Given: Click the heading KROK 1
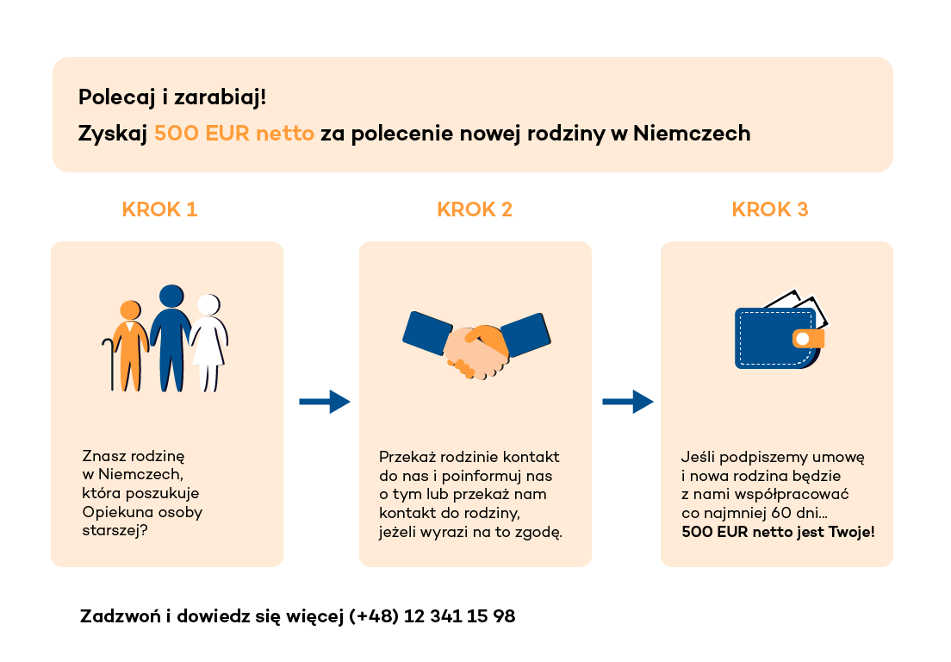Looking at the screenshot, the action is [x=159, y=209].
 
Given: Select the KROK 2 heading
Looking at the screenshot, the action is [x=475, y=209].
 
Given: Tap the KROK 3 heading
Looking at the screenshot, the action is [x=769, y=209].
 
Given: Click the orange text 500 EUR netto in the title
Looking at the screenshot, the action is [x=234, y=133].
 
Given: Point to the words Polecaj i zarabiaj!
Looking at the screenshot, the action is [x=172, y=97].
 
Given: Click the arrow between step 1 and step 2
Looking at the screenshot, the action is [x=325, y=402].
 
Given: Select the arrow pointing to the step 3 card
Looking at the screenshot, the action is [x=628, y=402].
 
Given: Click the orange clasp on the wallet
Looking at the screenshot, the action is [x=808, y=339].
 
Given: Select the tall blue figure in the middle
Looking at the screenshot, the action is [x=171, y=338].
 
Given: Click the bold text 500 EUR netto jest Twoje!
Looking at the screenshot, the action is [x=778, y=532].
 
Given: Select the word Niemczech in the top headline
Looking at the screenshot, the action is [x=692, y=133].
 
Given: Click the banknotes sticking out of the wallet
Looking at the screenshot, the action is [x=796, y=305].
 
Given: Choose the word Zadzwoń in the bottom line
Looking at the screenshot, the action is [x=120, y=616].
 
